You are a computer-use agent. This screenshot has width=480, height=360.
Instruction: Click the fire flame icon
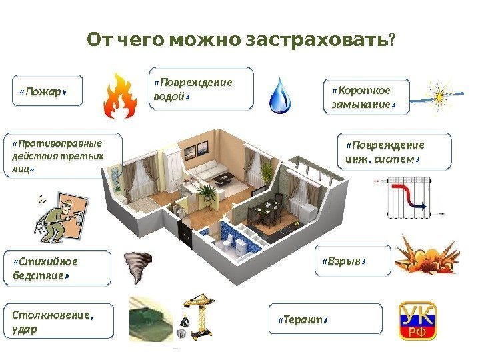(x=120, y=96)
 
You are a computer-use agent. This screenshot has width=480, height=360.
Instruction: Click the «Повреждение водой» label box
(x=203, y=87)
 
